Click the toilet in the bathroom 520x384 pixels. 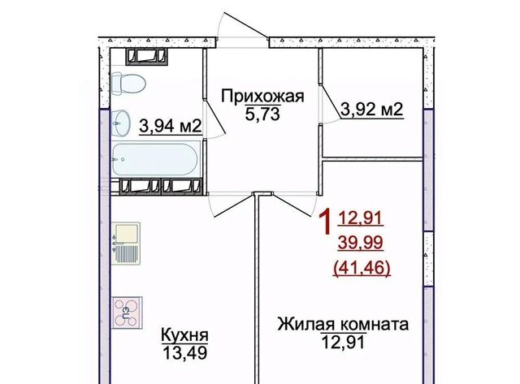click(x=128, y=83)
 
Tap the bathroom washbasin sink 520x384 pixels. click(x=121, y=123)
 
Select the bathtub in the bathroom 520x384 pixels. click(x=155, y=160)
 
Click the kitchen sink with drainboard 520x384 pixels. click(x=126, y=244)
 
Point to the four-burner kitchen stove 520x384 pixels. click(x=127, y=313)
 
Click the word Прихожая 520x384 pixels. click(x=262, y=97)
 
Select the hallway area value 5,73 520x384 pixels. click(x=262, y=114)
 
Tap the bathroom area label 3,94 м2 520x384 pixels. click(x=171, y=126)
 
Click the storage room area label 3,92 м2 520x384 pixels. click(x=372, y=110)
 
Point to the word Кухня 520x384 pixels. click(x=184, y=334)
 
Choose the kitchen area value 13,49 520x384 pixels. click(x=185, y=353)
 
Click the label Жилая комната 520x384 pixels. click(x=343, y=325)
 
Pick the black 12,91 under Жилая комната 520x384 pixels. click(x=343, y=342)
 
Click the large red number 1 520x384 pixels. click(x=325, y=222)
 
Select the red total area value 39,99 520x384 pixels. click(x=361, y=243)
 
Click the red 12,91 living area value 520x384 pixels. click(x=361, y=218)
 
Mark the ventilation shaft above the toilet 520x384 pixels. click(x=146, y=56)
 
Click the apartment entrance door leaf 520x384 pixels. click(x=246, y=25)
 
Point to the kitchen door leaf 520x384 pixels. click(x=235, y=206)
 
